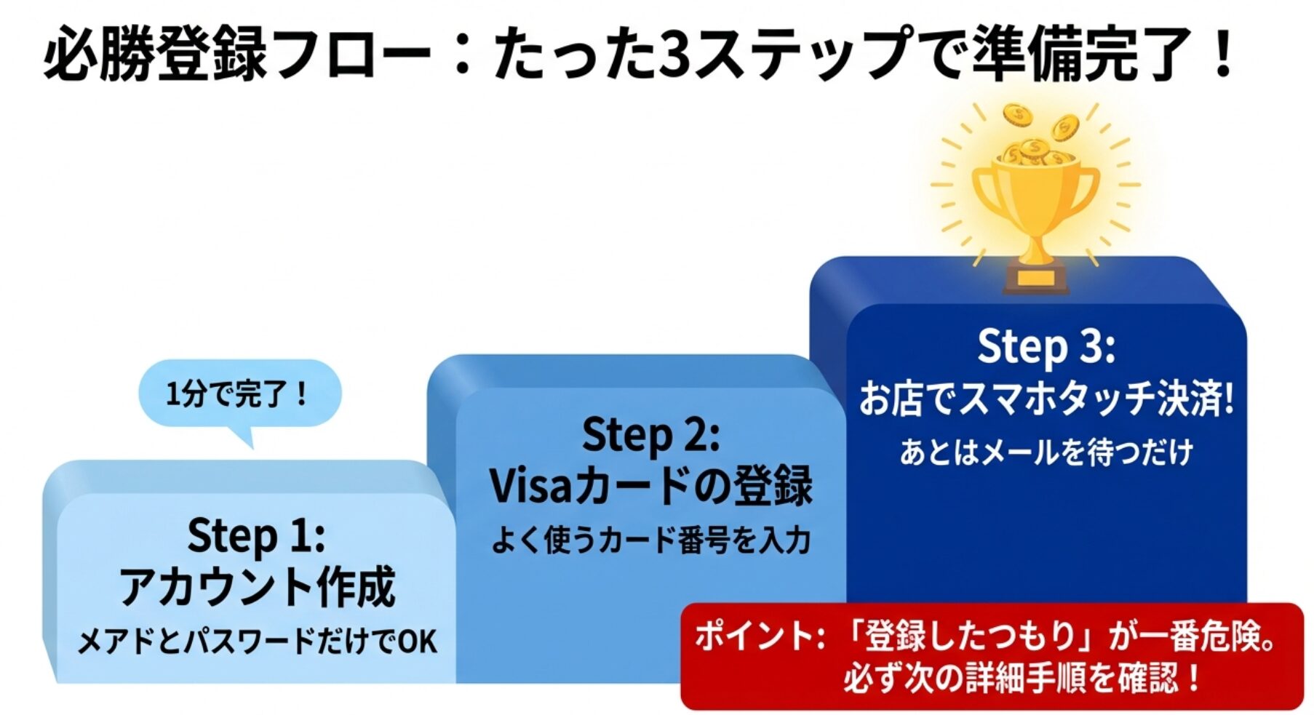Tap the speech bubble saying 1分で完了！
(239, 394)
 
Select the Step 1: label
(255, 535)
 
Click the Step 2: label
(650, 435)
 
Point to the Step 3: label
(1046, 346)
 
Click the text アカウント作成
(257, 587)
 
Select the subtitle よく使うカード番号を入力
(650, 540)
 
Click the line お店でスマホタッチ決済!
(1046, 399)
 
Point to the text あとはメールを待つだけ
(1046, 452)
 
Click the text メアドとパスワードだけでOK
(257, 641)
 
